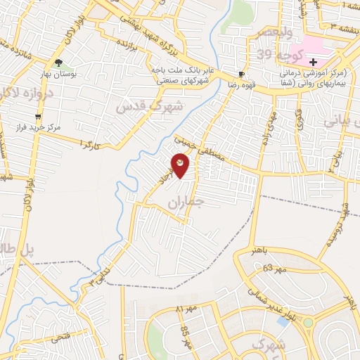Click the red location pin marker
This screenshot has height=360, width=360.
point(180,165)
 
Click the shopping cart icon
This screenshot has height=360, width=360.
point(38,117)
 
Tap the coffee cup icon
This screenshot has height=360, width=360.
point(242,74)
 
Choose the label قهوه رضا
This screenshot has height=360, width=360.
point(241,84)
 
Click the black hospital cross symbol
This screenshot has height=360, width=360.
point(313,62)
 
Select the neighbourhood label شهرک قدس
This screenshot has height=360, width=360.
point(149,107)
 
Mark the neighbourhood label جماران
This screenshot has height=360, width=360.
point(185,204)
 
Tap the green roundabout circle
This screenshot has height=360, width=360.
point(307,323)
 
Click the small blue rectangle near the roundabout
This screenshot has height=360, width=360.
point(283,321)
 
